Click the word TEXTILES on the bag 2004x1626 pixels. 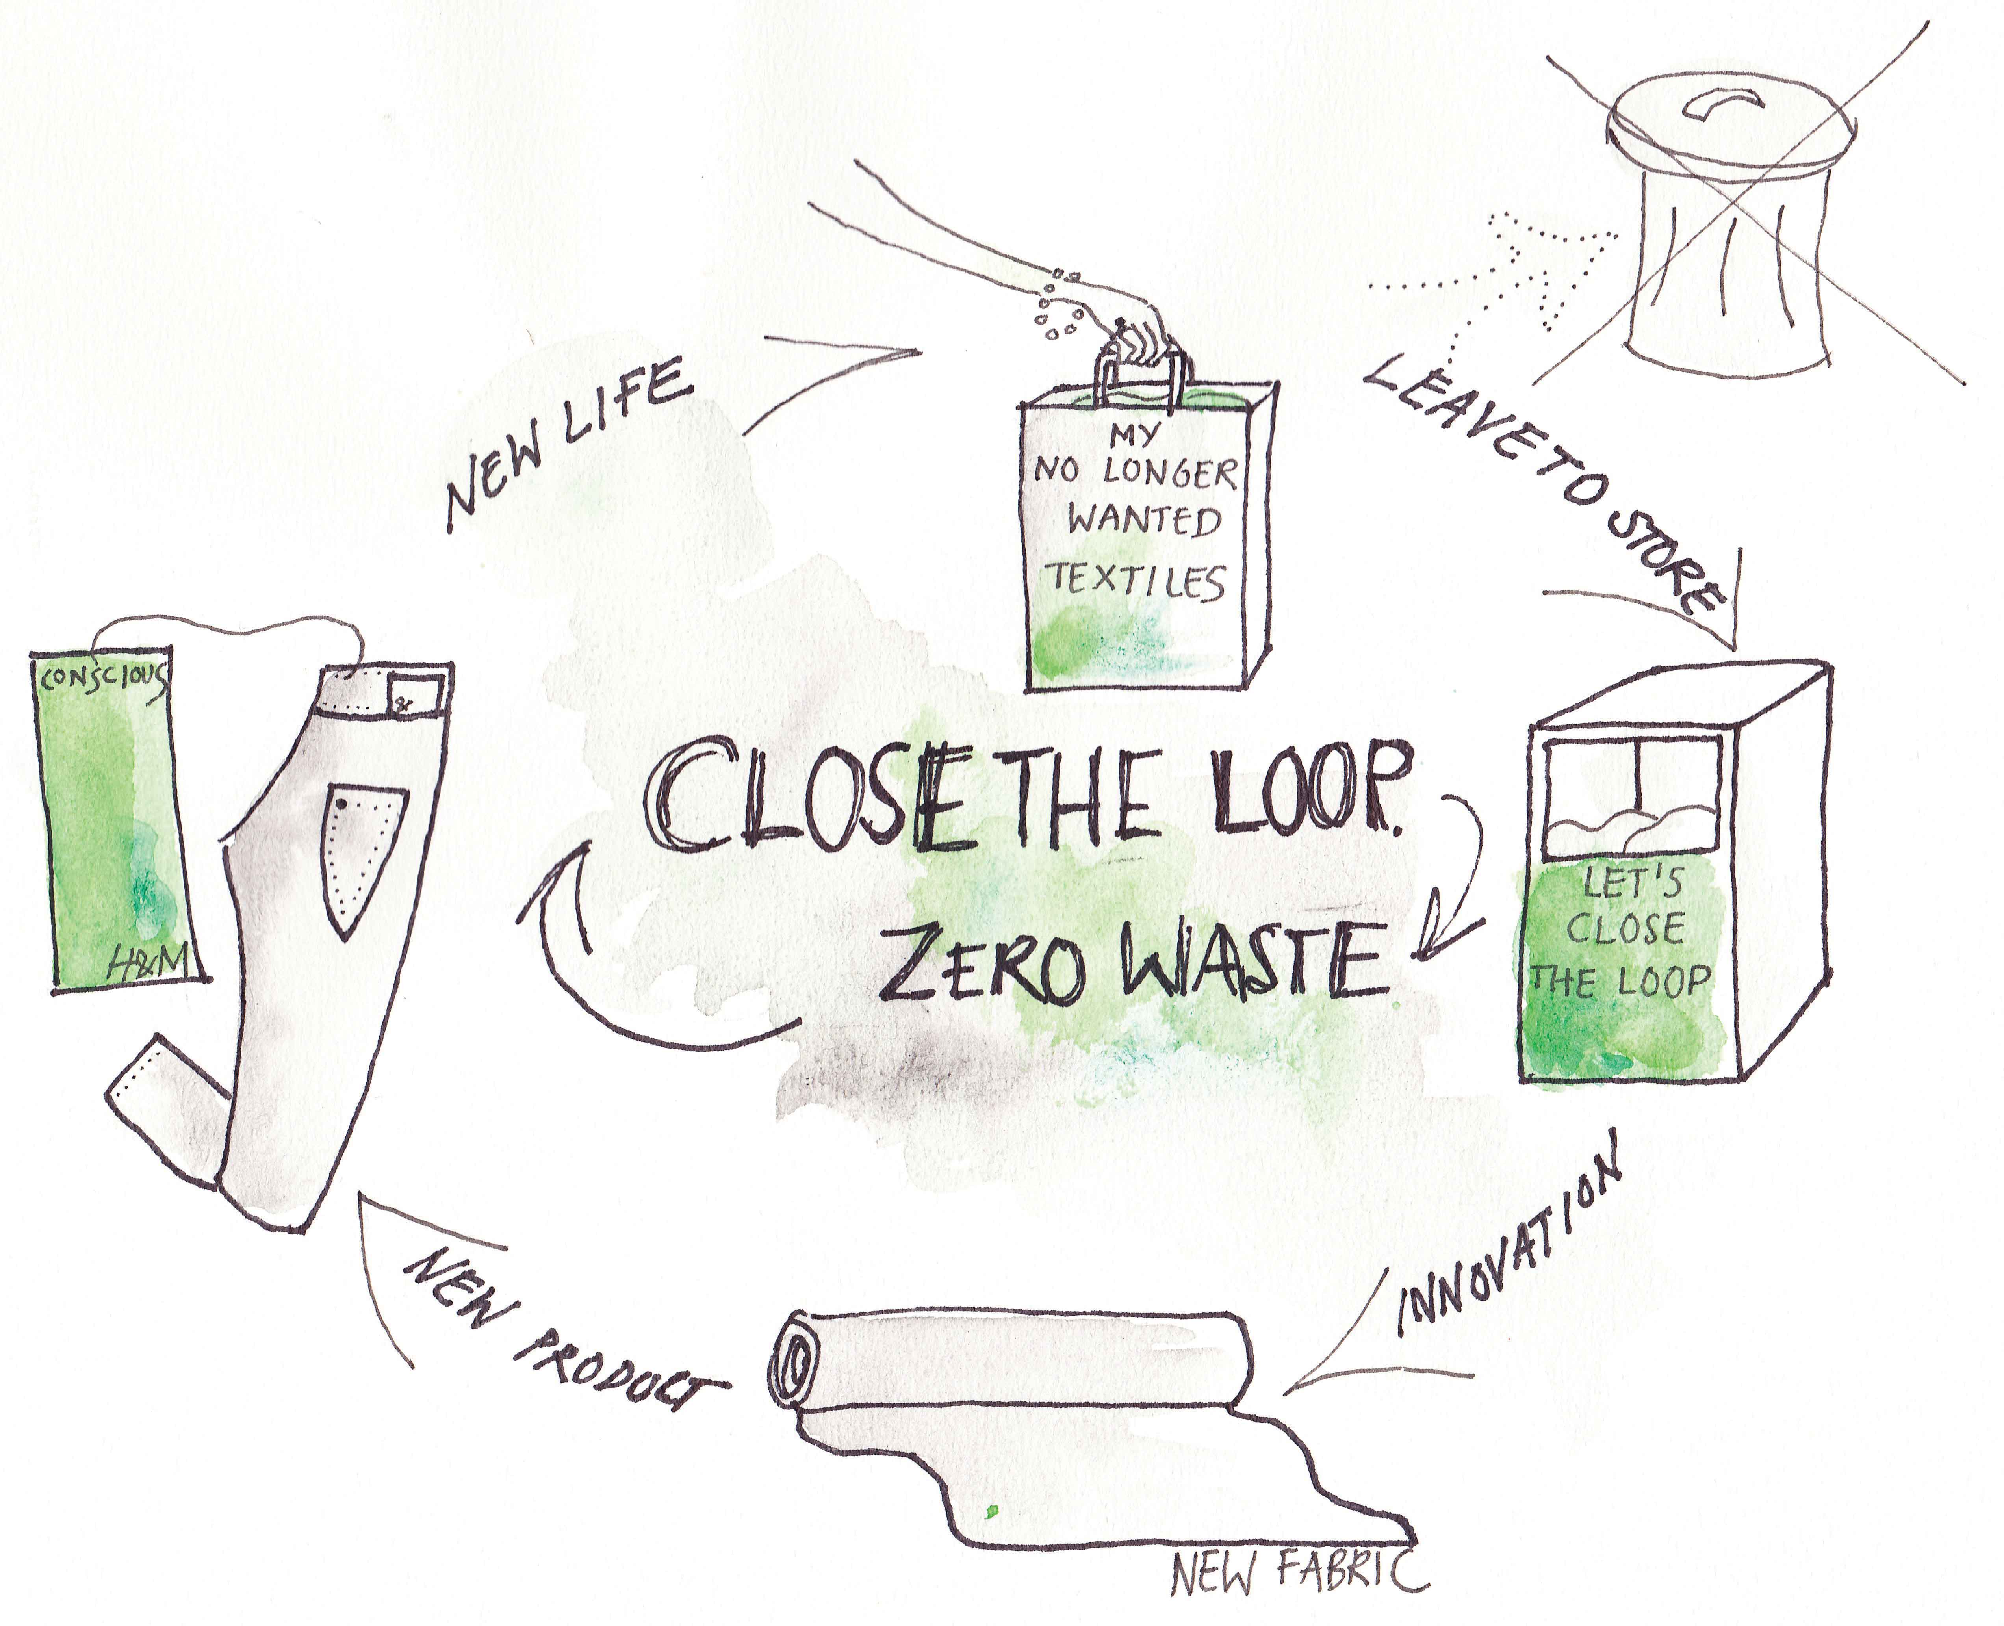coord(1135,581)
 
